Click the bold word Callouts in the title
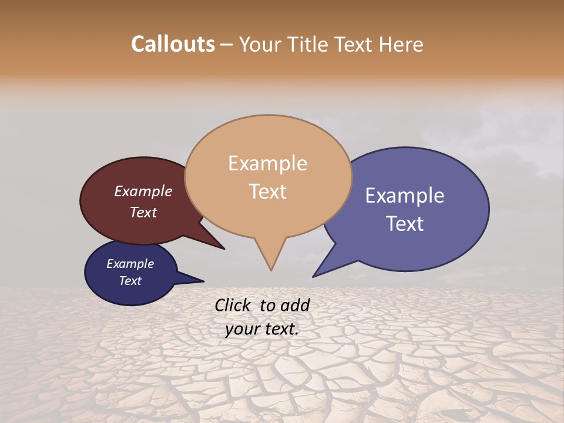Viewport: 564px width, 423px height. tap(173, 44)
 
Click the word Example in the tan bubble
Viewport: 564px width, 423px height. tap(267, 163)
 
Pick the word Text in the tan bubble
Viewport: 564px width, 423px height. tap(267, 192)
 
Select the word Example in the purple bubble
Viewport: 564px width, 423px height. tap(405, 196)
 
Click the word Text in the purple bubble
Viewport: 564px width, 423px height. tap(405, 224)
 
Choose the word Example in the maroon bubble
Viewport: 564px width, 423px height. tap(143, 192)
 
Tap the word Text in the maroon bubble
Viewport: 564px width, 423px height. tap(143, 212)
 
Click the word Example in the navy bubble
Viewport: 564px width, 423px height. tap(130, 264)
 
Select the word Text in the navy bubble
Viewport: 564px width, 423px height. tap(130, 281)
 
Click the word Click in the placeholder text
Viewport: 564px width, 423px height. tap(233, 305)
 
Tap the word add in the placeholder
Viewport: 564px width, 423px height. tap(295, 305)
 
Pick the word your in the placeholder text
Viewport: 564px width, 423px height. tap(241, 329)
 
